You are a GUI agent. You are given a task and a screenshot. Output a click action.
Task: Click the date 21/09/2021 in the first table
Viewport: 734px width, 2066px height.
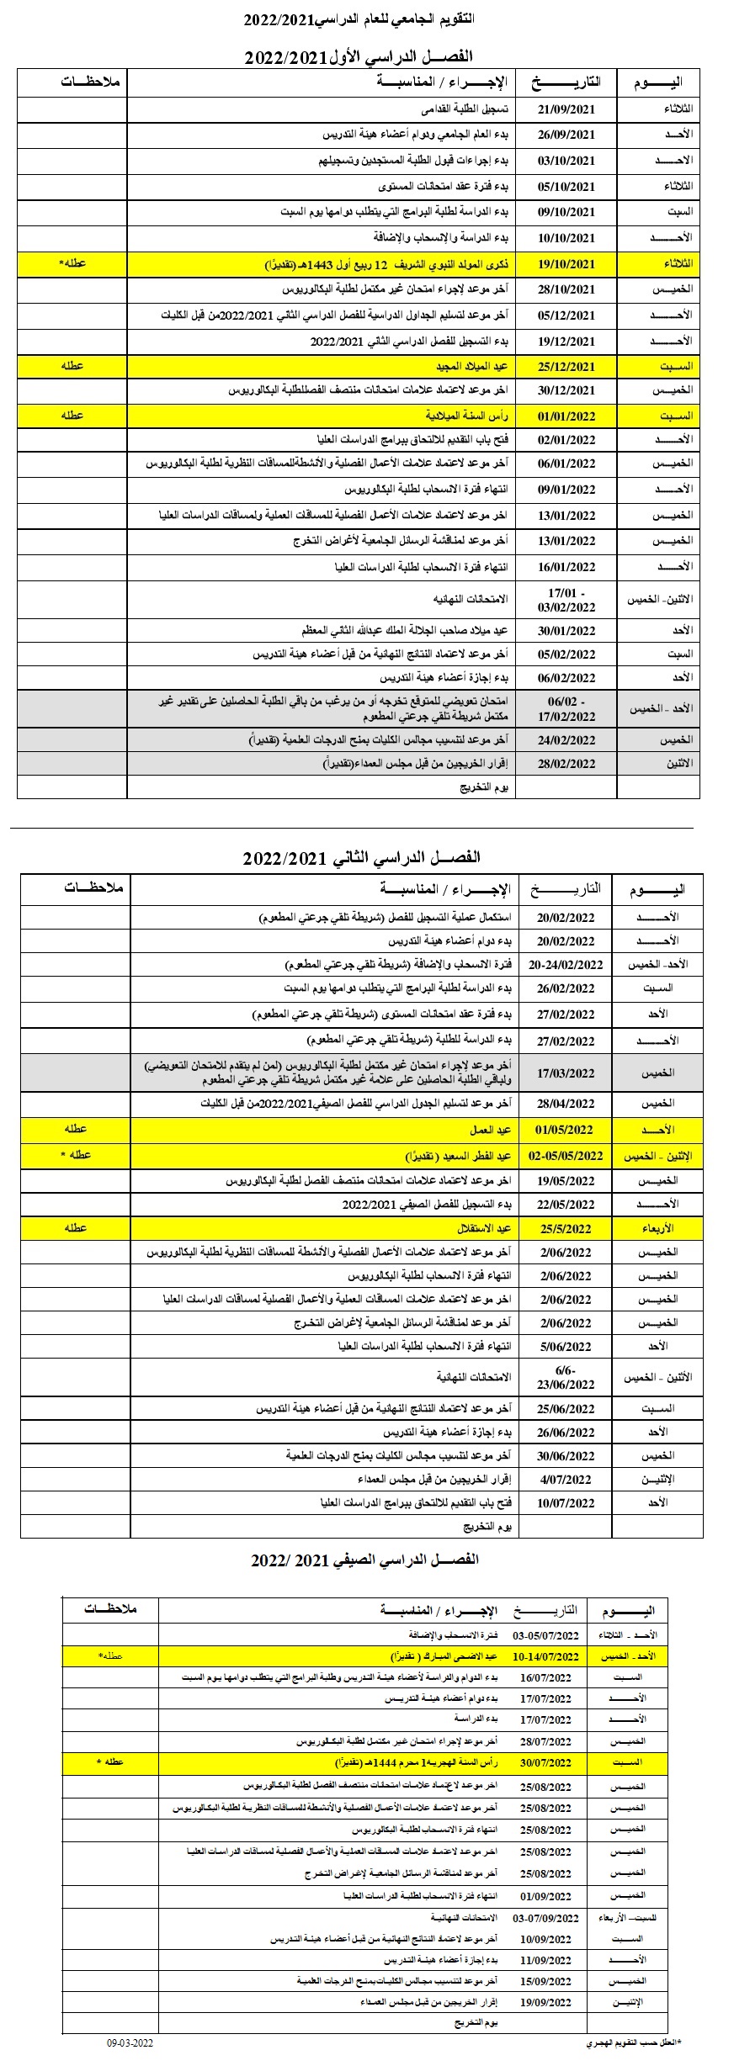pyautogui.click(x=566, y=110)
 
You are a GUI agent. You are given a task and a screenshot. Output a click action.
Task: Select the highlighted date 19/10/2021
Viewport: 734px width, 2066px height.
pyautogui.click(x=566, y=263)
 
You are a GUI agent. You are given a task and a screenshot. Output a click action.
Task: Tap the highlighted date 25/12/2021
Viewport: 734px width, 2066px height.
pyautogui.click(x=566, y=367)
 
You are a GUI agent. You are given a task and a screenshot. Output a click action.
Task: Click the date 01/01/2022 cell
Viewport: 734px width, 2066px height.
pyautogui.click(x=566, y=416)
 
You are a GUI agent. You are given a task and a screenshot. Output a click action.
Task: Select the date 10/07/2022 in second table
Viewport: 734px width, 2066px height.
pyautogui.click(x=567, y=1502)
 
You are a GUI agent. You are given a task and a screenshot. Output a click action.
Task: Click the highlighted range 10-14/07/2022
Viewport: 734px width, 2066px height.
pyautogui.click(x=546, y=1656)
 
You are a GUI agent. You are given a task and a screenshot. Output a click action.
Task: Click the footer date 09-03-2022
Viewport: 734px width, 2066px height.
pyautogui.click(x=130, y=2044)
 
